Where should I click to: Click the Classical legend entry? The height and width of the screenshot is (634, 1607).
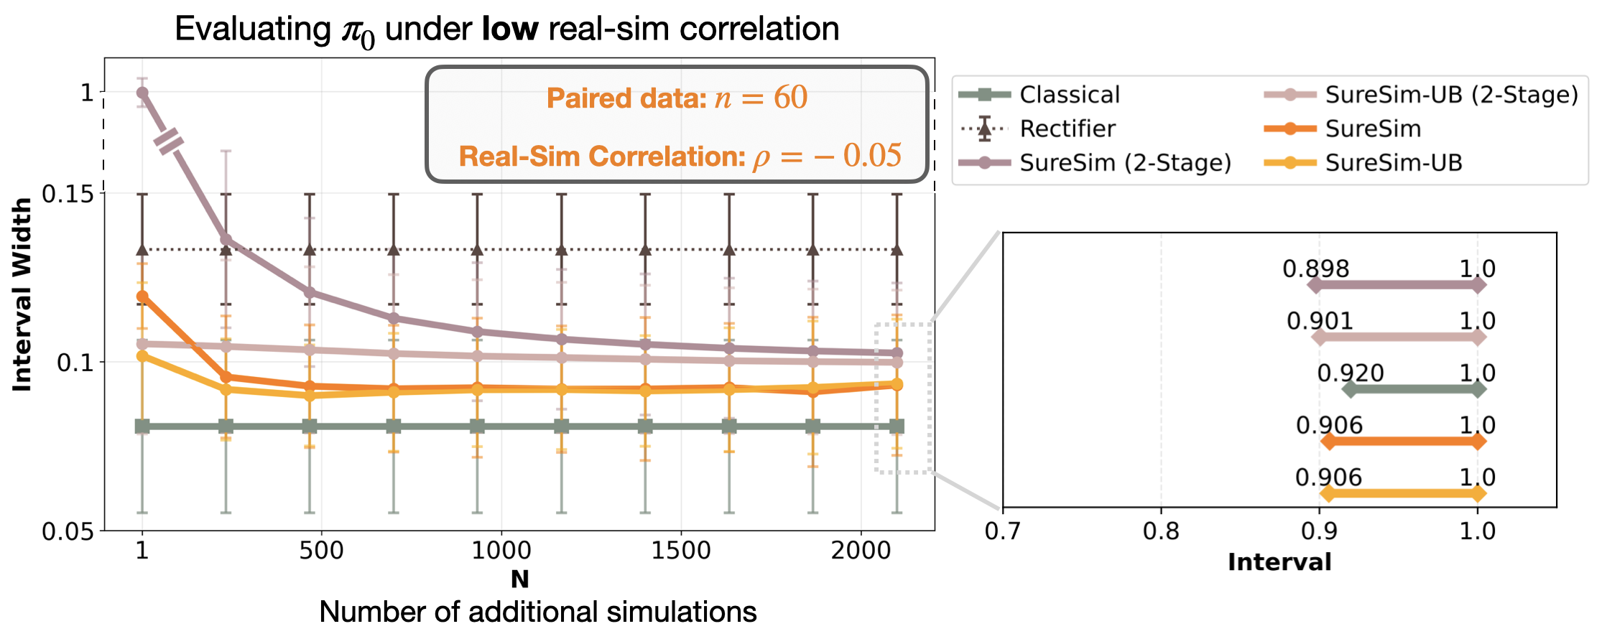(1069, 95)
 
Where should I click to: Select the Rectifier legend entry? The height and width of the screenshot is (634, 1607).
(1068, 129)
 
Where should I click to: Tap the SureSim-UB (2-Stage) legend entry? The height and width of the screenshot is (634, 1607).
(1451, 95)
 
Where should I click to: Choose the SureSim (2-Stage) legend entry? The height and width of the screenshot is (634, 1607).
(1125, 163)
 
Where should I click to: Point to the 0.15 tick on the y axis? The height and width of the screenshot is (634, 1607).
(68, 193)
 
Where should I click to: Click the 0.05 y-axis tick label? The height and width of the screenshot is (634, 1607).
(68, 531)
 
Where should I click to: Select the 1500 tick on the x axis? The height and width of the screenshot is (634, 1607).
(680, 551)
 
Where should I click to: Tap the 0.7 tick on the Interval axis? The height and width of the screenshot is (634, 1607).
(1002, 531)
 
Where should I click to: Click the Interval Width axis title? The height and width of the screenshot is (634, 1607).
(22, 294)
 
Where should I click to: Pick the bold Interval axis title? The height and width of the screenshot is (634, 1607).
(1279, 562)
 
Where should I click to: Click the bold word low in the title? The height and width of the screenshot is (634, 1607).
(510, 29)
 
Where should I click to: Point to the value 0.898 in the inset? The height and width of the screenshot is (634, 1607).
(1315, 269)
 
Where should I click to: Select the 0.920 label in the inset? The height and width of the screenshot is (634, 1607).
(1350, 373)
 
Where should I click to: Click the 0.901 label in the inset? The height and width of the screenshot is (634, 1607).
(1320, 321)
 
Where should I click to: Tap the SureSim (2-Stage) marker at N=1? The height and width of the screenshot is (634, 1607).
(142, 93)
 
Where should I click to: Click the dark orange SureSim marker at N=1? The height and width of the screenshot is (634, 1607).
(142, 297)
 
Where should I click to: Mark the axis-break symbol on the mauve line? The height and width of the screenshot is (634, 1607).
(170, 141)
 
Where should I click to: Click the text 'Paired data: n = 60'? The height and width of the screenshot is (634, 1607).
(677, 98)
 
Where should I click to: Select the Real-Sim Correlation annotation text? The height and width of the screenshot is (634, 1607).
(680, 156)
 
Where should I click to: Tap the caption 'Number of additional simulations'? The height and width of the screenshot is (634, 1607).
(537, 612)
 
